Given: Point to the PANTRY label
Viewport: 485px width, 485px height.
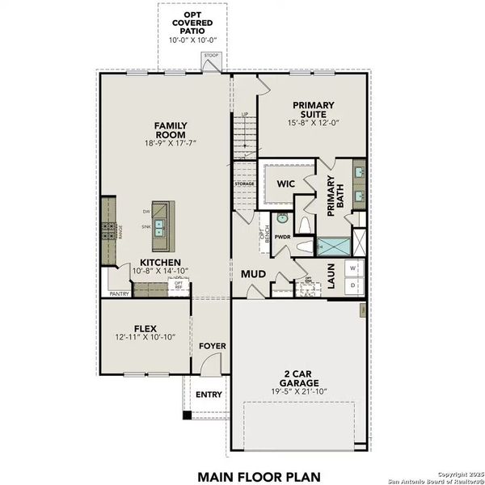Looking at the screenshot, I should pyautogui.click(x=119, y=294).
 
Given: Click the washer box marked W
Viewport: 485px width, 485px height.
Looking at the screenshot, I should pyautogui.click(x=352, y=268).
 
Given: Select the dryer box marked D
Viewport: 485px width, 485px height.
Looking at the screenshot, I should pyautogui.click(x=352, y=286).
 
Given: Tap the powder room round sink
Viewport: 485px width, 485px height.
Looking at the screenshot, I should pyautogui.click(x=282, y=217).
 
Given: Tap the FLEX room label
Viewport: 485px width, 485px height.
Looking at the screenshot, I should pyautogui.click(x=145, y=329).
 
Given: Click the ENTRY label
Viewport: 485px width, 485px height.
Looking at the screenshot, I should pyautogui.click(x=209, y=394).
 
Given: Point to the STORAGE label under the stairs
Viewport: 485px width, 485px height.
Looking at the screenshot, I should pyautogui.click(x=244, y=184).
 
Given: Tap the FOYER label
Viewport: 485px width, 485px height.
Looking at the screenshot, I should pyautogui.click(x=213, y=346).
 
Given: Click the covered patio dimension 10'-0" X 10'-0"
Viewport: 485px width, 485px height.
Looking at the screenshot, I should pyautogui.click(x=192, y=39).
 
